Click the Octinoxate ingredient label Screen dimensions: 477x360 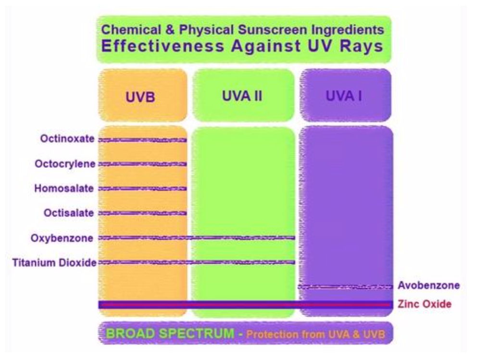coord(67,139)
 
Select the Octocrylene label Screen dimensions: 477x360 coord(65,164)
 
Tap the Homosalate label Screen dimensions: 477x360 coord(64,189)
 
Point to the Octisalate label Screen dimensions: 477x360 coord(68,213)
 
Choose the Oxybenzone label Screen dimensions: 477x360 coord(62,238)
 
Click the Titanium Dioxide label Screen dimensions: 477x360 coord(54,262)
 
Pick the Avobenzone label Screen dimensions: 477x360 coord(428,285)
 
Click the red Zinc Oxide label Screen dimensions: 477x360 coord(425,304)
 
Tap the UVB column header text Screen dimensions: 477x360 coord(140,97)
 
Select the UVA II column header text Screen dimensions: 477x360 coord(242,96)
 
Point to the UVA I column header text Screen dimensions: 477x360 coord(344,96)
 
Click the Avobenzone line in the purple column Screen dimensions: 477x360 coord(345,287)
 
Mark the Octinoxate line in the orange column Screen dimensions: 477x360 coord(142,140)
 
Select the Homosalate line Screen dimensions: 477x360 coord(142,189)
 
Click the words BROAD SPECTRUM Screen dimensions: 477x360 coord(170,334)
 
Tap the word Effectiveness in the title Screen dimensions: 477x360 coord(163,46)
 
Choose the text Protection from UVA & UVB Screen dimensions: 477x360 coord(315,334)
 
